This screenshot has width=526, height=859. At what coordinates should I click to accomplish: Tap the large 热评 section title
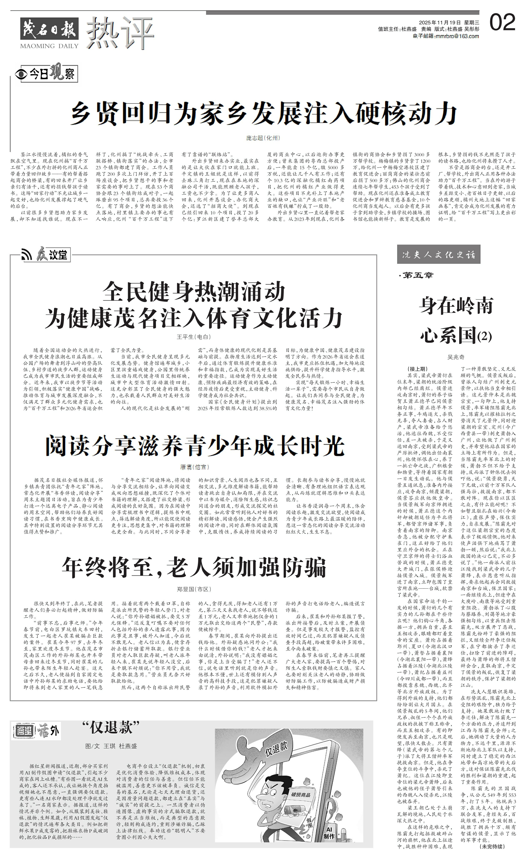pyautogui.click(x=120, y=33)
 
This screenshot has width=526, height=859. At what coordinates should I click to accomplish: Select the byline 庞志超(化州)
pyautogui.click(x=263, y=138)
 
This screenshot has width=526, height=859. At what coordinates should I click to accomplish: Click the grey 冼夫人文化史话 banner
pyautogui.click(x=439, y=254)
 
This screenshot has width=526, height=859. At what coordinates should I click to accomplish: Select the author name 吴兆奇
pyautogui.click(x=456, y=357)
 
